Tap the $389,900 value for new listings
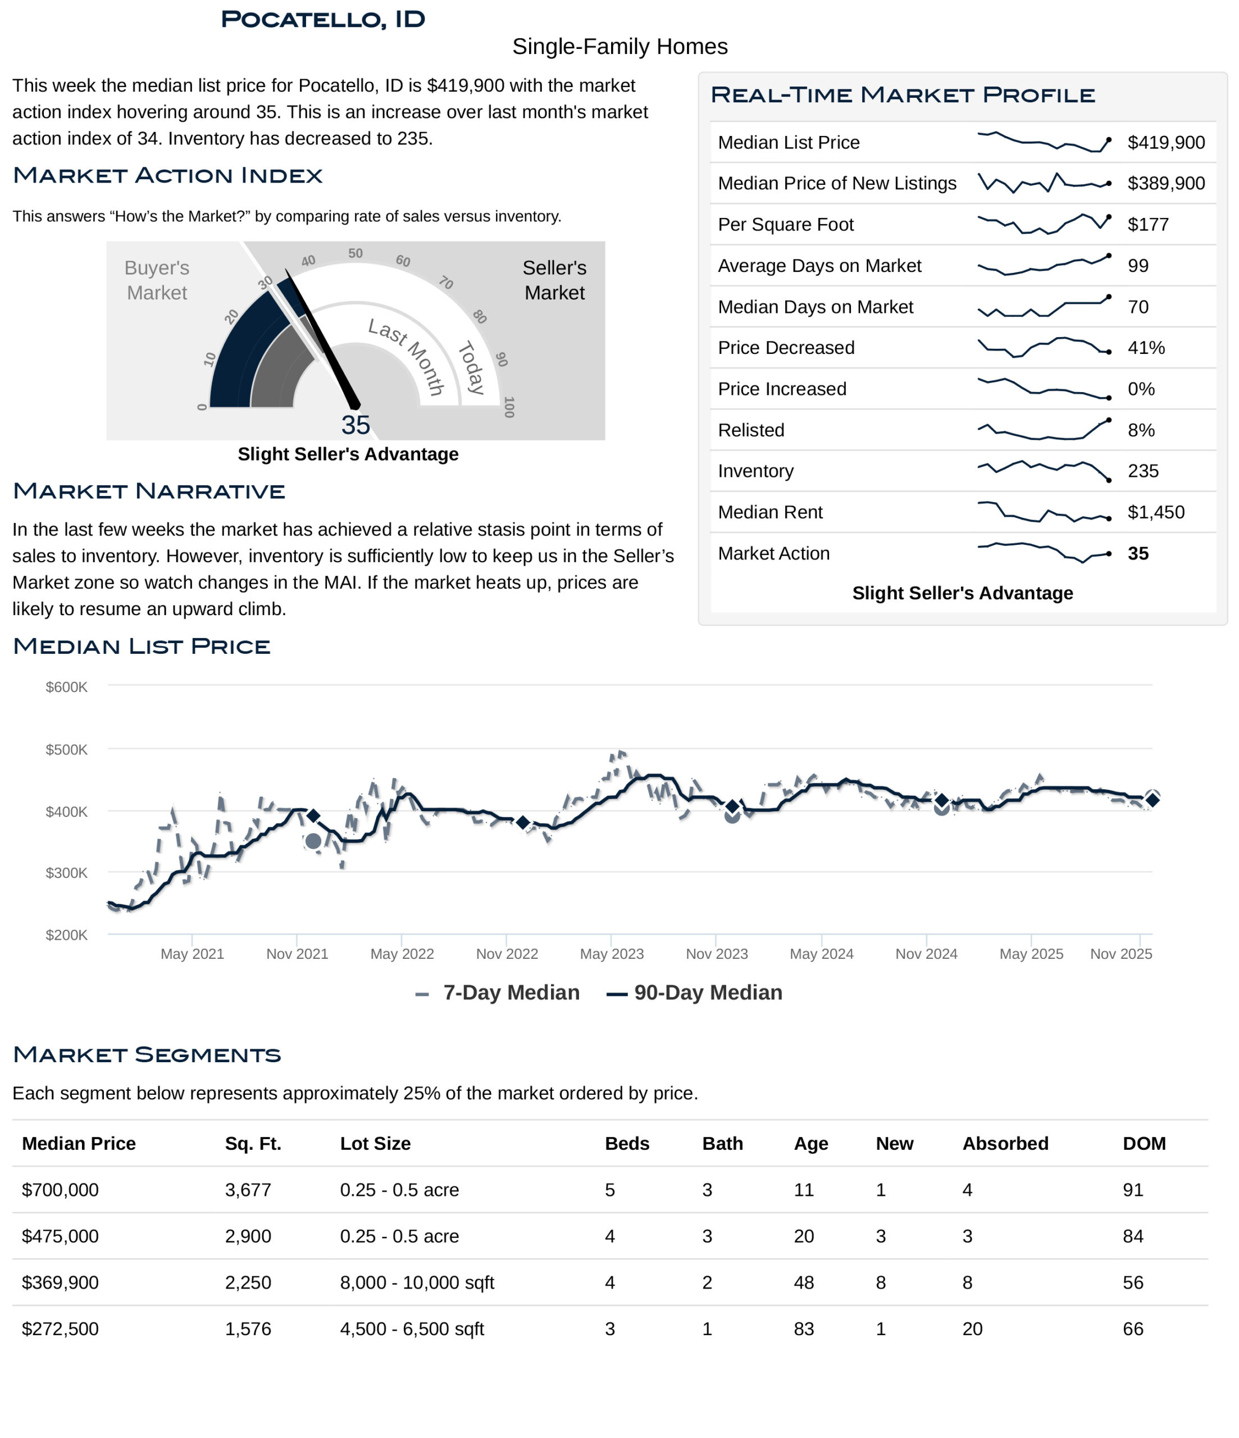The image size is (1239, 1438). tap(1165, 183)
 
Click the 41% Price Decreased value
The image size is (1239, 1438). tap(1145, 348)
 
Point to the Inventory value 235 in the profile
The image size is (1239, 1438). tap(1142, 471)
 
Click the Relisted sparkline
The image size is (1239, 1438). tap(1043, 430)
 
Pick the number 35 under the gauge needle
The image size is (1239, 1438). tap(356, 425)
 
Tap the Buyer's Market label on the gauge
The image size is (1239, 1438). tap(157, 280)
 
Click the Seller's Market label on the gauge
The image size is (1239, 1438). tap(554, 280)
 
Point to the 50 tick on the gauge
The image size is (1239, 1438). tap(356, 253)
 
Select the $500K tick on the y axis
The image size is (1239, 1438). tap(67, 749)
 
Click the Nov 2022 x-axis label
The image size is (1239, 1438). tap(507, 954)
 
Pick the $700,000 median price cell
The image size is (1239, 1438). tap(61, 1190)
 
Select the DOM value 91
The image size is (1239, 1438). tap(1132, 1190)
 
